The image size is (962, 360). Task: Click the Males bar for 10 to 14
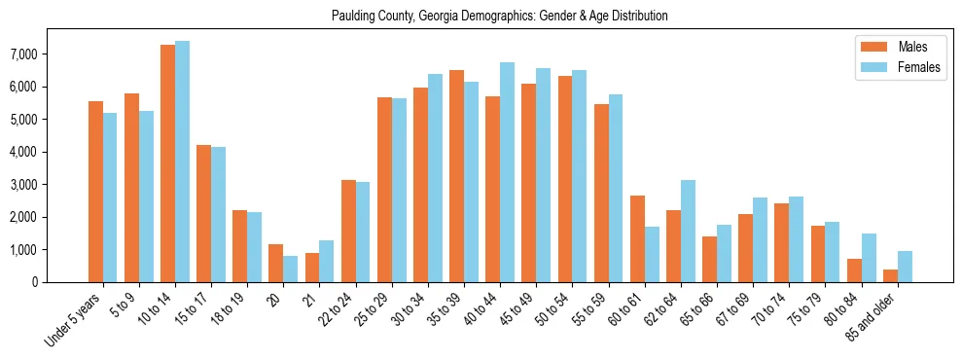tap(168, 163)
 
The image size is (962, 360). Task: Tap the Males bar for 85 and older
tap(890, 275)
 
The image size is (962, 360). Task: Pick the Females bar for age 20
tap(291, 269)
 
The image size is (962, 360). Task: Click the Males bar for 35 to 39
tap(456, 176)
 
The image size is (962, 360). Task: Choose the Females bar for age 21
tap(327, 261)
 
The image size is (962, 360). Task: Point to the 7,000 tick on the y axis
tap(49, 54)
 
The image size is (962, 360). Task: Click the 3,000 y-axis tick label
tap(49, 185)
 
